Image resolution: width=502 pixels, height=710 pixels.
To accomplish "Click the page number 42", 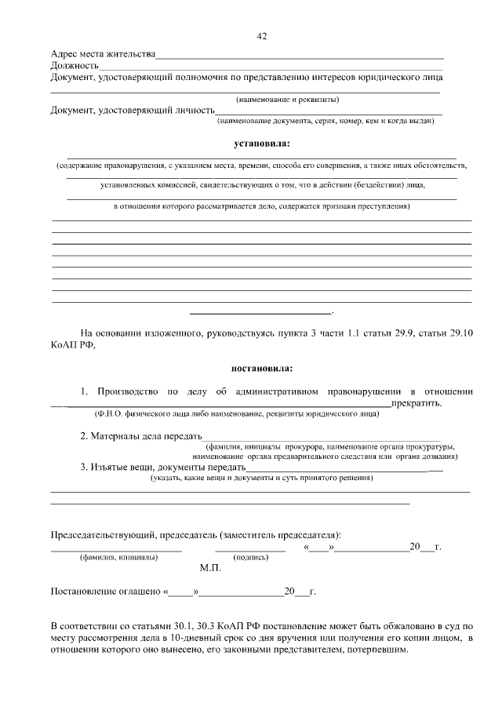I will [x=262, y=36].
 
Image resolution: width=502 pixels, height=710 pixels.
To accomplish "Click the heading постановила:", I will [x=262, y=367].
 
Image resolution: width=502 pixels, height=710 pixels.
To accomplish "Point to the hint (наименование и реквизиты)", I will [x=287, y=100].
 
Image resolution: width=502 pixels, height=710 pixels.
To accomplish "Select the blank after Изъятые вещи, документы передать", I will [x=337, y=468].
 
